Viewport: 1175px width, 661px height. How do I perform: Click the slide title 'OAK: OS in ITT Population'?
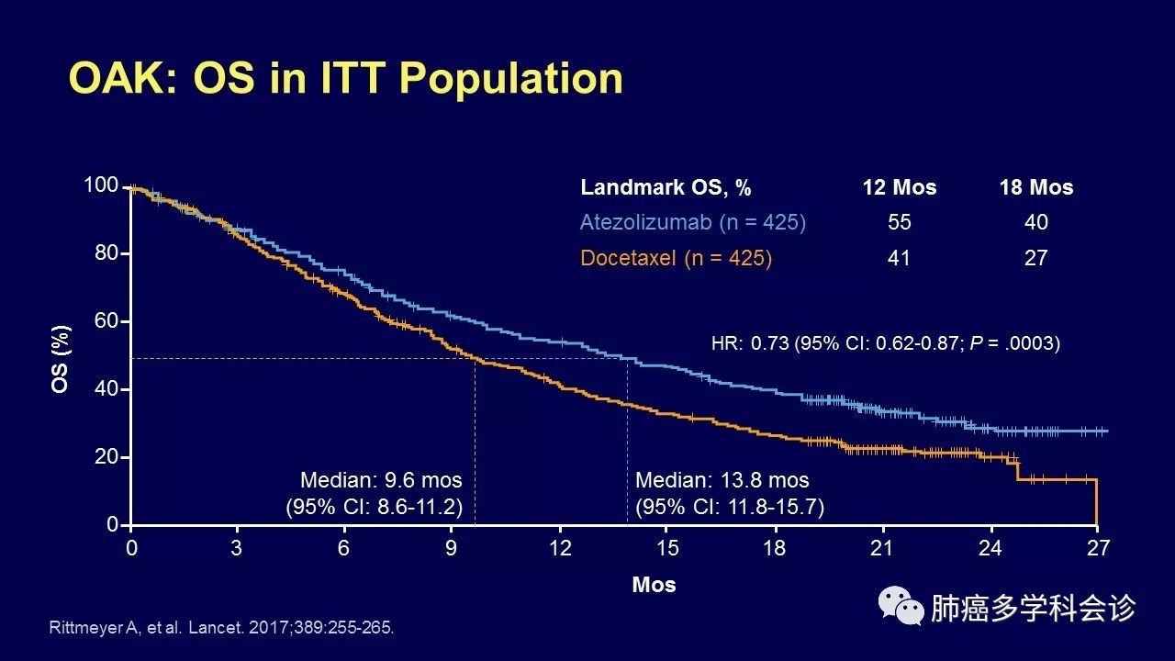346,79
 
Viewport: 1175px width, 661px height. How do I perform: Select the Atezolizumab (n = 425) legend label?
692,222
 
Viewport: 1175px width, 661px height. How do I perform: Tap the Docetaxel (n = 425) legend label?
676,258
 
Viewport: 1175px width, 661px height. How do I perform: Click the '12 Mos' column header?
899,187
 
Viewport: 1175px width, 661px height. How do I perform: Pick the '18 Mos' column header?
1035,187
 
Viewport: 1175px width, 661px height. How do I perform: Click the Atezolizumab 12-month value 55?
899,222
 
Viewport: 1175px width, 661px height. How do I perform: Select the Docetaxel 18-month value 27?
1035,258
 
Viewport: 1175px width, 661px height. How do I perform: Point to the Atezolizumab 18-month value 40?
1035,222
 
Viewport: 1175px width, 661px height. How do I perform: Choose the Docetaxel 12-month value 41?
899,258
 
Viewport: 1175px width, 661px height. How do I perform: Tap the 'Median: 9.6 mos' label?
381,480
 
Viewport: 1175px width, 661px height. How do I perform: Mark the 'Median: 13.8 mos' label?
722,480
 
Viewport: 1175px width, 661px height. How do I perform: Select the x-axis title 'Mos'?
654,585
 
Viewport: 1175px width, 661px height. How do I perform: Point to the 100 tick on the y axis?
101,185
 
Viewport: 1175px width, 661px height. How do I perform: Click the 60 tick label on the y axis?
106,321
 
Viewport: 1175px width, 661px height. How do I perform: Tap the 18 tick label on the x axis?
776,548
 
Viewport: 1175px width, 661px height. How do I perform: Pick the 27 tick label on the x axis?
1098,548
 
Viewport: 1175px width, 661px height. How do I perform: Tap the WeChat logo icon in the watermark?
901,607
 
